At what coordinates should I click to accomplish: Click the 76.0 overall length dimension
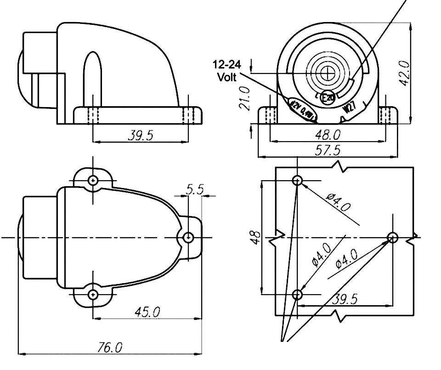(110, 347)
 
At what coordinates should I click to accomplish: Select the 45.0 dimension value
(147, 312)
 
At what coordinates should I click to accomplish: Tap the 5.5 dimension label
(194, 189)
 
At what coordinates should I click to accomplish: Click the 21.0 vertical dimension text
(245, 98)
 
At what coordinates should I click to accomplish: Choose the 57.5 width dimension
(328, 150)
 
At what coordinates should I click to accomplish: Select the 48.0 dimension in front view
(328, 135)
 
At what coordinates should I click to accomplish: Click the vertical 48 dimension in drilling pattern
(256, 237)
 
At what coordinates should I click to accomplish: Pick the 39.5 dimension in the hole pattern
(345, 299)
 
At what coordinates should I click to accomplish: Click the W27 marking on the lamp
(349, 108)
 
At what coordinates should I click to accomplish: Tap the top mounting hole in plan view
(93, 180)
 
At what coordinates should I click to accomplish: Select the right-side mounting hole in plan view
(188, 237)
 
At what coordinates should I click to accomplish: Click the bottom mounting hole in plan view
(93, 294)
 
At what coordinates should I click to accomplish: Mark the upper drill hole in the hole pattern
(298, 180)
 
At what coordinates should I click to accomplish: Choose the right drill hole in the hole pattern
(392, 237)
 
